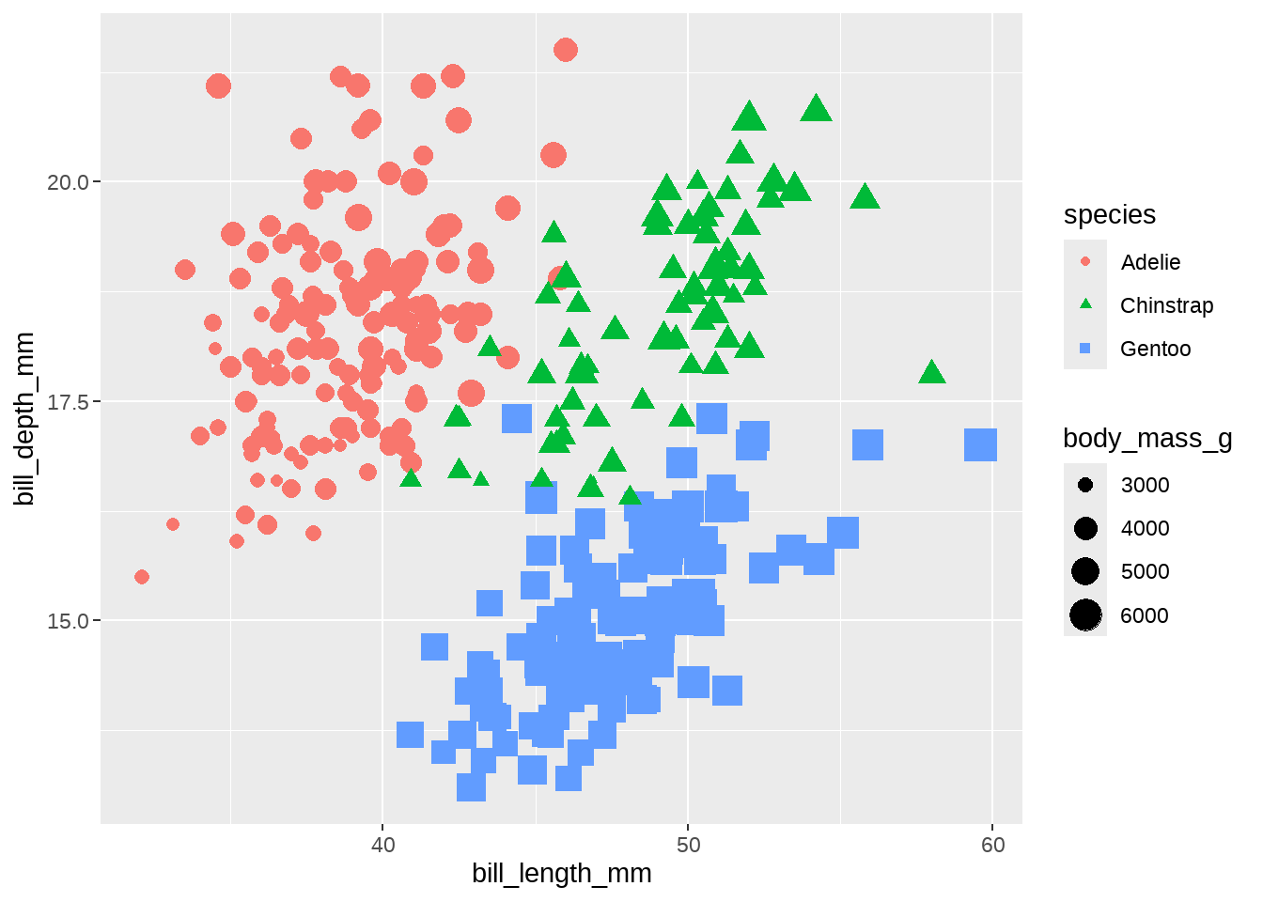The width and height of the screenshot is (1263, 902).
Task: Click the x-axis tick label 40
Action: pos(383,845)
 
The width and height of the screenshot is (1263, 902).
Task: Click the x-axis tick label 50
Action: pos(688,845)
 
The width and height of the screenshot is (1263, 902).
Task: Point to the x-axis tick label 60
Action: pos(992,845)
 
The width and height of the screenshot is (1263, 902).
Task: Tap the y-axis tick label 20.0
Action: pos(68,182)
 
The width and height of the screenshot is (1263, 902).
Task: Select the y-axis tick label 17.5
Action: pos(68,402)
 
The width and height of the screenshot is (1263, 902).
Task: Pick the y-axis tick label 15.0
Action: pos(68,621)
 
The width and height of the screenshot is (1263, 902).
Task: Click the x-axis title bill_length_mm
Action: pos(562,874)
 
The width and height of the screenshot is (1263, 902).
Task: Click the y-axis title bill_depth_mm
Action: pos(24,418)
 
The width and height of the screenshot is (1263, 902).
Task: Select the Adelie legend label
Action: pos(1150,262)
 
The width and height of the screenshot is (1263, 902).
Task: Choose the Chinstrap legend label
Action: pos(1166,305)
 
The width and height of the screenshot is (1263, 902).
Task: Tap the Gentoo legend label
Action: pos(1155,349)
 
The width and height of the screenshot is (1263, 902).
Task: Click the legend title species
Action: pos(1110,214)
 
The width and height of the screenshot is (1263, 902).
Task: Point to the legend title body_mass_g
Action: pos(1147,438)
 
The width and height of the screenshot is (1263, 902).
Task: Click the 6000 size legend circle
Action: pos(1085,615)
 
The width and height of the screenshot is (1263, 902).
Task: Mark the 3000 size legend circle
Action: pos(1085,486)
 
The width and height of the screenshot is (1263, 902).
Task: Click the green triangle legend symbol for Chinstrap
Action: pos(1085,304)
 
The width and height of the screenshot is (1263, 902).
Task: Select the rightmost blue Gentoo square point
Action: pos(980,445)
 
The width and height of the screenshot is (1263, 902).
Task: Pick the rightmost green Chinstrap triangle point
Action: pos(931,373)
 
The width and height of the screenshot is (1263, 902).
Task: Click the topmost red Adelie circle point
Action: pos(566,50)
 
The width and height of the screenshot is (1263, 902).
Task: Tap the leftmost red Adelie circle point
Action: pos(142,577)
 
